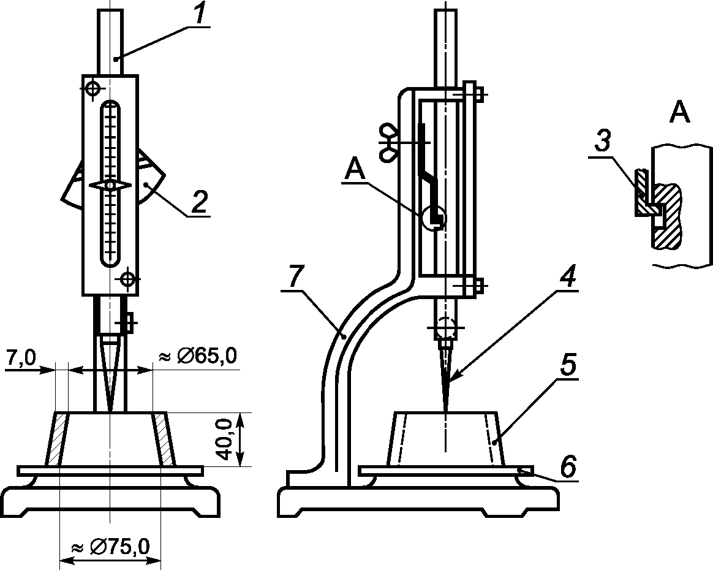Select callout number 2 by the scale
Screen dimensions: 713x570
[x=199, y=202]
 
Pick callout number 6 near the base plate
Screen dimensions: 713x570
[x=567, y=467]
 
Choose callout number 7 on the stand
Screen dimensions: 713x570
[x=295, y=276]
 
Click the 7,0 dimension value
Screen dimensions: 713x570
[x=20, y=358]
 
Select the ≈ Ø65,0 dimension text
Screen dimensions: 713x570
[x=197, y=355]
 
